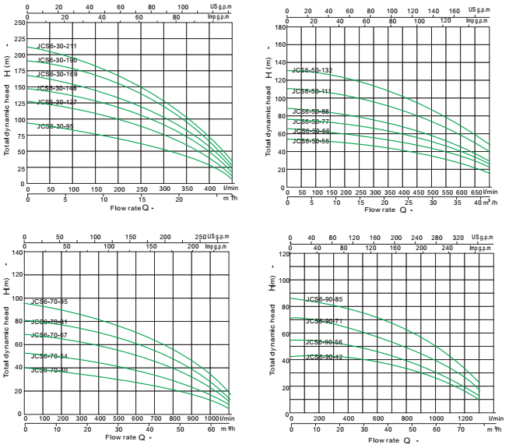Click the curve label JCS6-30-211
click(x=57, y=47)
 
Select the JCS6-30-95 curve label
click(x=55, y=126)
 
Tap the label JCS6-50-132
click(x=311, y=71)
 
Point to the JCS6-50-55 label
click(x=311, y=141)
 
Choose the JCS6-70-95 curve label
click(x=50, y=302)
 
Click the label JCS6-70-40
click(x=50, y=370)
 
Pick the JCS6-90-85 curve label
click(x=325, y=299)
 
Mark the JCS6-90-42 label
click(x=325, y=357)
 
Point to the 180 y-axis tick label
click(x=279, y=27)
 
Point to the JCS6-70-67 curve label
click(x=50, y=335)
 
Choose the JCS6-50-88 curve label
click(x=311, y=112)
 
